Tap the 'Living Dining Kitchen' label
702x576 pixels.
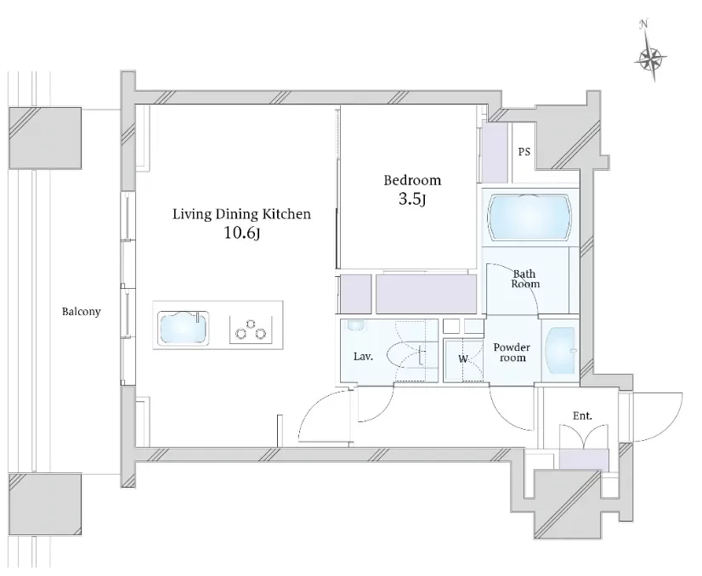coord(241,214)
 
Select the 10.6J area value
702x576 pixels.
coord(241,234)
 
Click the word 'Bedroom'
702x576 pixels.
coord(412,180)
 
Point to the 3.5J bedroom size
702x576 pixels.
coord(412,200)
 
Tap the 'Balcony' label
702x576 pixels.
coord(81,312)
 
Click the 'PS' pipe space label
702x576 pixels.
coord(524,153)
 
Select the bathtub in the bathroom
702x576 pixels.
coord(530,217)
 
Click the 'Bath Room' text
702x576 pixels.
coord(525,279)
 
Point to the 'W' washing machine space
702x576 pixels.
coord(463,359)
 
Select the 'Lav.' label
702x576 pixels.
coord(363,357)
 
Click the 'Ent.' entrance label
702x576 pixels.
coord(582,415)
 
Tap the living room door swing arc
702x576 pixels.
coord(325,418)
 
